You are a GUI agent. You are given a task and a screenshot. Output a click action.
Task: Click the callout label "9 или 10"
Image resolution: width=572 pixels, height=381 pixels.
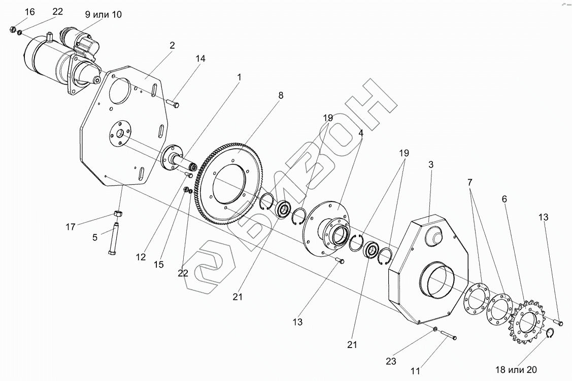[x=103, y=15]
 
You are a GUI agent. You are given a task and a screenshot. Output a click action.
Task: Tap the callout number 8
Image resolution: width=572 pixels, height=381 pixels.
[x=281, y=95]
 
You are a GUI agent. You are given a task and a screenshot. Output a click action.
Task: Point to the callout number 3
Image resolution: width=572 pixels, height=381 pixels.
[x=430, y=165]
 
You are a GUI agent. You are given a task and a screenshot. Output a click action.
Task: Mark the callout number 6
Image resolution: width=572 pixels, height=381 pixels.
[x=504, y=199]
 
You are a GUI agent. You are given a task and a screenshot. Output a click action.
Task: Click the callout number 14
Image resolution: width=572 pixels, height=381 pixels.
[x=200, y=58]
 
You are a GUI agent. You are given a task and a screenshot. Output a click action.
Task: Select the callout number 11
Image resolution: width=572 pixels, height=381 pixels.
[x=415, y=371]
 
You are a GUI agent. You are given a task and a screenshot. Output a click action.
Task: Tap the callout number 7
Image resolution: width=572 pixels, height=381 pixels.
[x=470, y=181]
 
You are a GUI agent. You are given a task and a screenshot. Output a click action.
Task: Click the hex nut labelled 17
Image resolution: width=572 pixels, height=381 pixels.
[x=117, y=213]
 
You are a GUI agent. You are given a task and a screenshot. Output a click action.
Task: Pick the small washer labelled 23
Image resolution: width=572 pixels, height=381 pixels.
[x=435, y=330]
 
